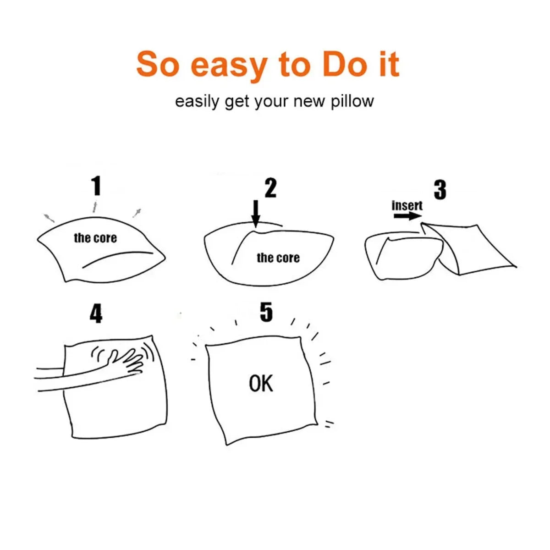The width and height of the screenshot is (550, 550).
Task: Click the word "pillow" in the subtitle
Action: [352, 102]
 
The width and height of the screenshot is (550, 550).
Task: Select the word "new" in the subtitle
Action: [309, 102]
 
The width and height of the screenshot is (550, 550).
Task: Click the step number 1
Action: [96, 186]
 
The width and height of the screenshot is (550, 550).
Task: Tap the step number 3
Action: [440, 190]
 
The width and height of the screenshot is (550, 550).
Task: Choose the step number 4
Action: [96, 313]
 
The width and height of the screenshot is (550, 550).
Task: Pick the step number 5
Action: [266, 312]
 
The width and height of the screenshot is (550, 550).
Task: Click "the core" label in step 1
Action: [95, 238]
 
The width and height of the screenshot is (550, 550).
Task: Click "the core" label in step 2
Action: [278, 258]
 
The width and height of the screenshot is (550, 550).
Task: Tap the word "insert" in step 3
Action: [407, 205]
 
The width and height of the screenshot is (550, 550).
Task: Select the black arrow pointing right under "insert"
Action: [407, 216]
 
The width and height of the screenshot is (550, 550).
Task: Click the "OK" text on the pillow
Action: [261, 383]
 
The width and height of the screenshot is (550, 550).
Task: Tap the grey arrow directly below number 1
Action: [95, 207]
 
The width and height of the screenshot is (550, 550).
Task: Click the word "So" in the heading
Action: [158, 64]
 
